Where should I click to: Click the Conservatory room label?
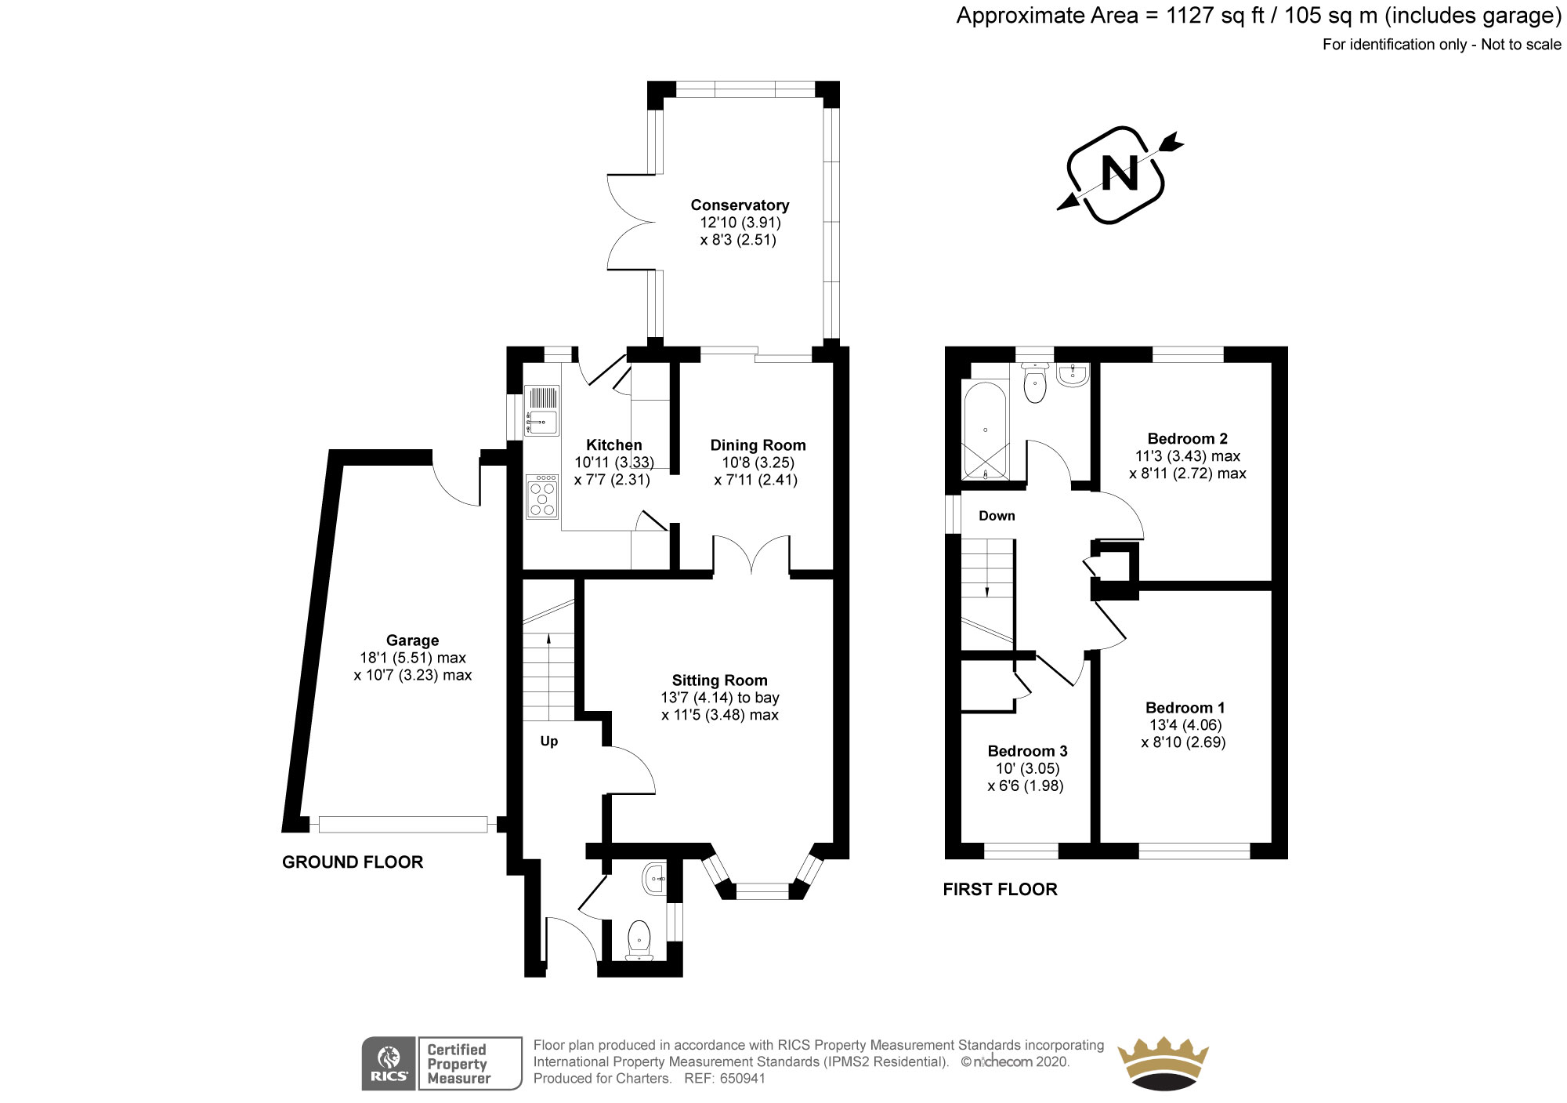click(739, 205)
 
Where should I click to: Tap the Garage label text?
click(412, 640)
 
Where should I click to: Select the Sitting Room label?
click(719, 680)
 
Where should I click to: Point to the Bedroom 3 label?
click(1027, 751)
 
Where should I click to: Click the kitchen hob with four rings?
click(542, 497)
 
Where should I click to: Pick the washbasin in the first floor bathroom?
click(1072, 375)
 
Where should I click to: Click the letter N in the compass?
click(1120, 174)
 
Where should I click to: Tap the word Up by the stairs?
click(548, 742)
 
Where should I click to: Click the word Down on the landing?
click(997, 516)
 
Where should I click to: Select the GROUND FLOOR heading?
click(353, 862)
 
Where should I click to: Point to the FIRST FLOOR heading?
click(1000, 889)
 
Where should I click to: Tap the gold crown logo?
click(1163, 1062)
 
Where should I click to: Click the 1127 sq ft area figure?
click(1215, 16)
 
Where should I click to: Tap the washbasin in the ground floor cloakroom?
click(654, 879)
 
